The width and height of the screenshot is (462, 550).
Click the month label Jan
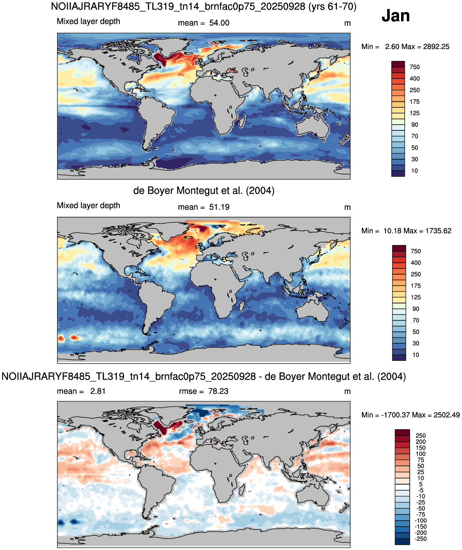click(395, 16)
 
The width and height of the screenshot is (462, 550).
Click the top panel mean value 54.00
click(219, 23)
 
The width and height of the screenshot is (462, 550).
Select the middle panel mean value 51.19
click(219, 207)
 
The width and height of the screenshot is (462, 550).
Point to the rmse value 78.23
click(218, 391)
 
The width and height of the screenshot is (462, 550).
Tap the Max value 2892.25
click(436, 47)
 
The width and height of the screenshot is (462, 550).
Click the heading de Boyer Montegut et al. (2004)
click(204, 190)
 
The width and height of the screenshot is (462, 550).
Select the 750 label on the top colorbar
click(415, 67)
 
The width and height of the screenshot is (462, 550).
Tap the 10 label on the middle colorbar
click(416, 355)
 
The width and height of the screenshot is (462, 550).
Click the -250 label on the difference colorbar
click(421, 539)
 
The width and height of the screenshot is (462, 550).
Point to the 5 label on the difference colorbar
click(421, 484)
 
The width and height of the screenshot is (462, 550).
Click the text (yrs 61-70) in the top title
click(332, 6)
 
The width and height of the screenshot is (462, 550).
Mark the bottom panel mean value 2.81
click(98, 391)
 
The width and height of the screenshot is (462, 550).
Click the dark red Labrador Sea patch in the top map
click(160, 59)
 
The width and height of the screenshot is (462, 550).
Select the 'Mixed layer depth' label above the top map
click(89, 21)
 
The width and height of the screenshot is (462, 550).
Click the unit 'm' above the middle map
click(348, 208)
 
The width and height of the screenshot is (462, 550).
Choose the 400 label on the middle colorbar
click(416, 263)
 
